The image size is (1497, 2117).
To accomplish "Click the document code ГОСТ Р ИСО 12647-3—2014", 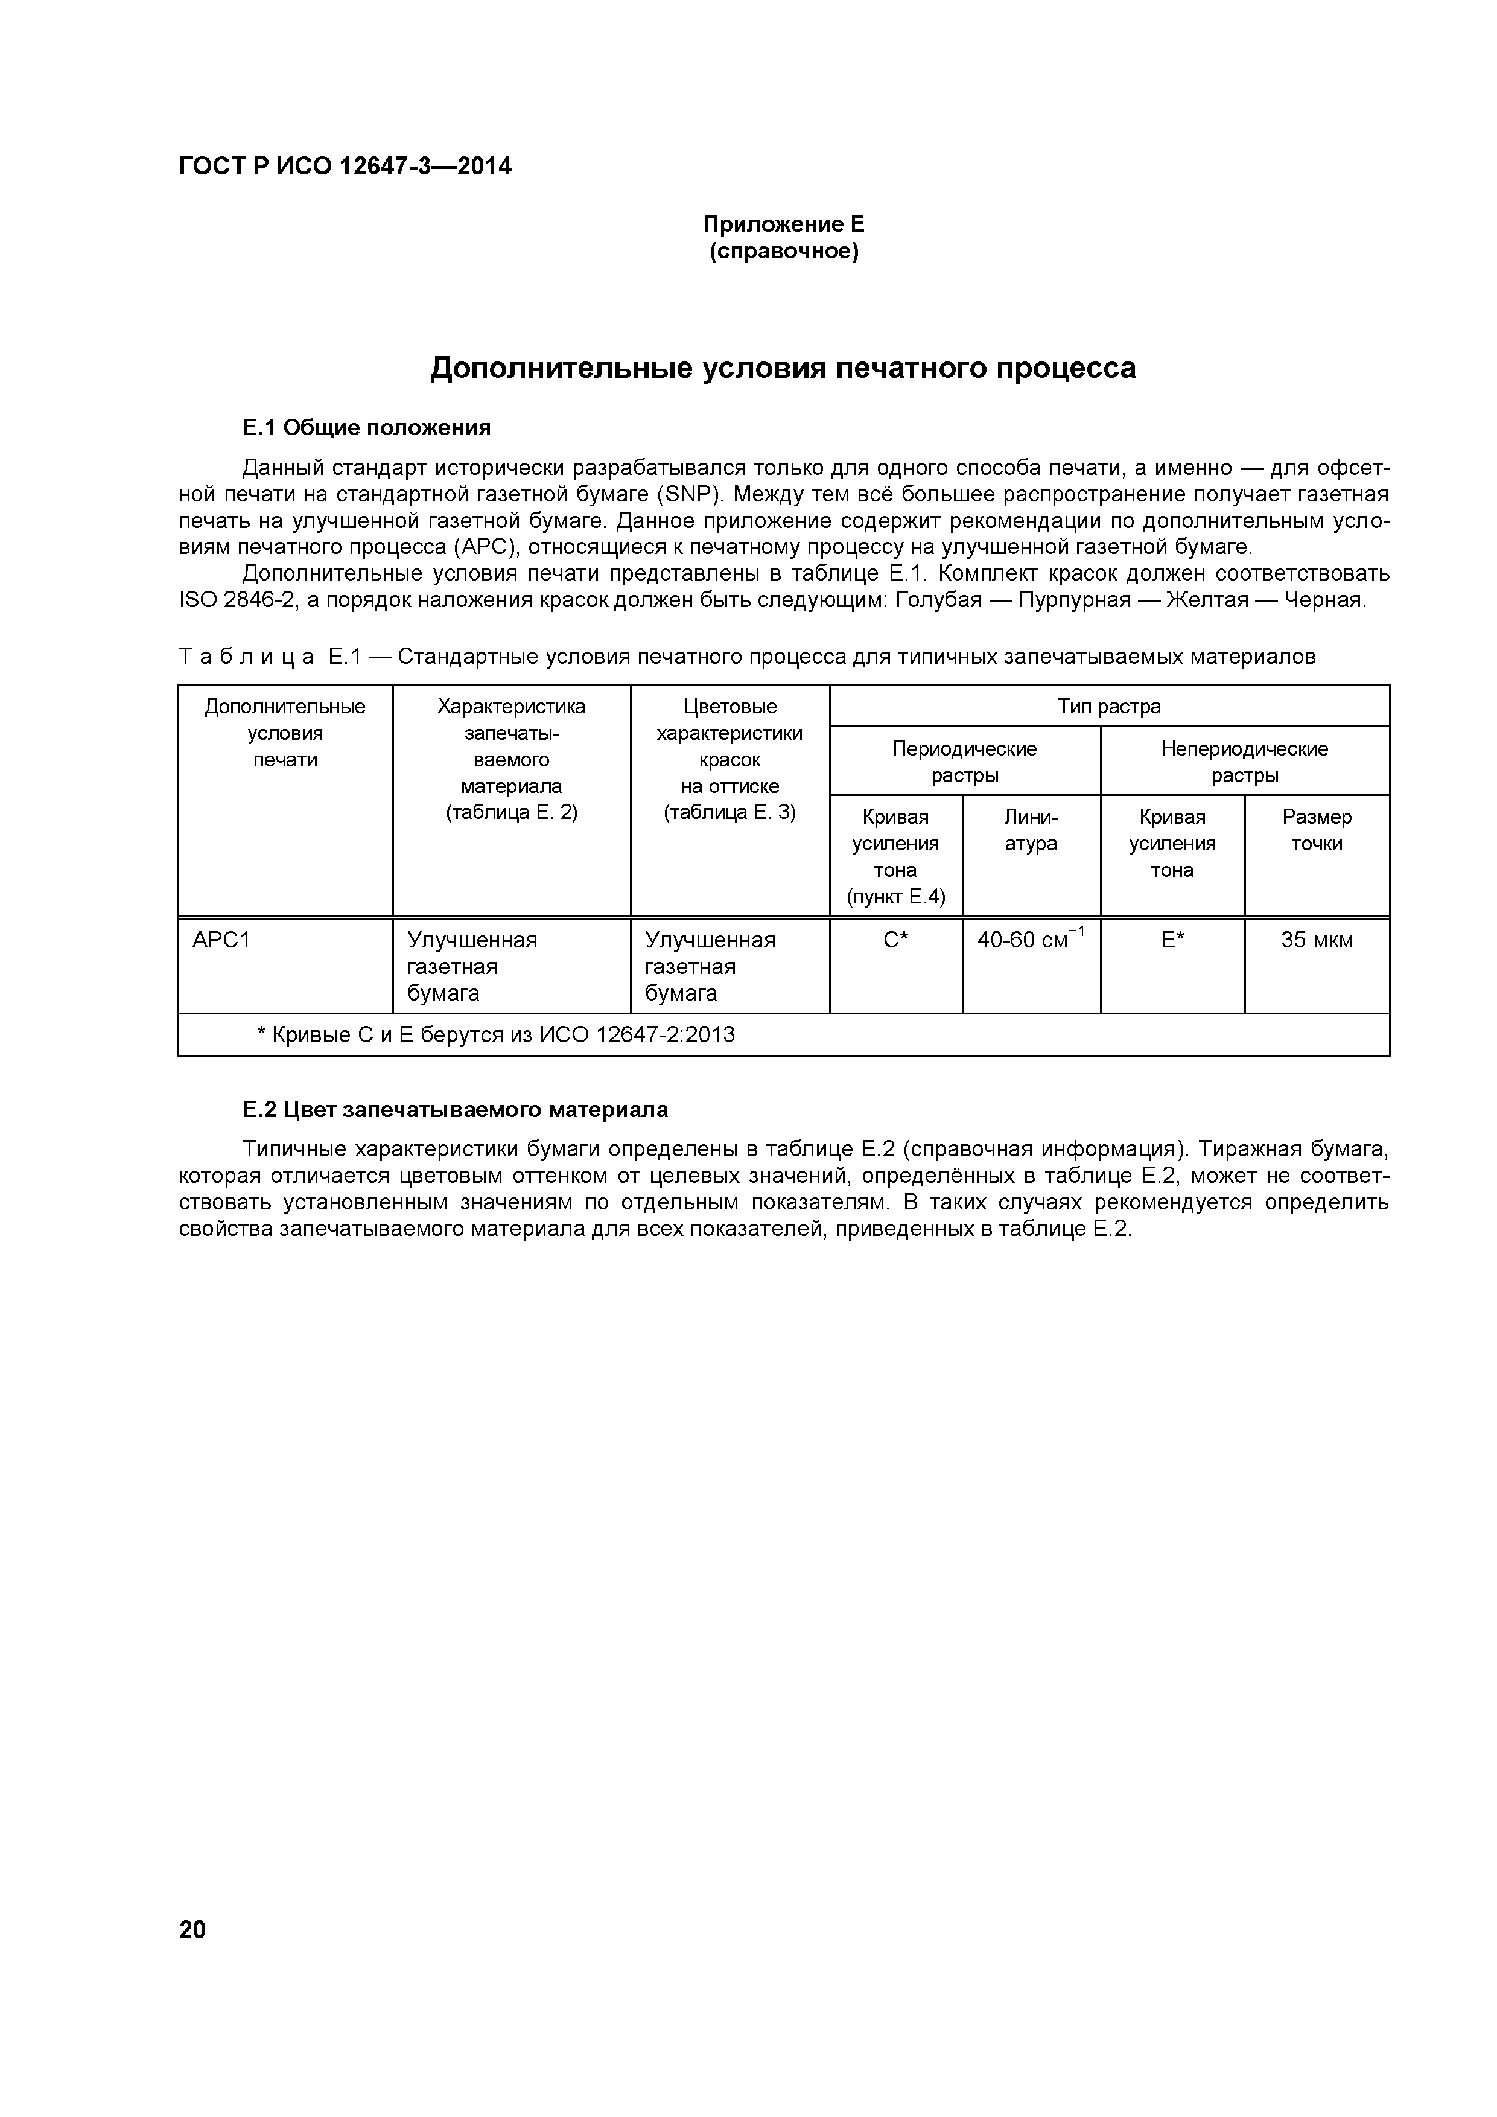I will tap(345, 167).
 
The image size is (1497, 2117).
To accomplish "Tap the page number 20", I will tap(192, 1930).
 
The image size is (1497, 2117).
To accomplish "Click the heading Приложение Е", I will tap(784, 224).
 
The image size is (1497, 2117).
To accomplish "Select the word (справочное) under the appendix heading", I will tap(784, 252).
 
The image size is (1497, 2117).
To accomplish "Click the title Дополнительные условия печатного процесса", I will tap(783, 368).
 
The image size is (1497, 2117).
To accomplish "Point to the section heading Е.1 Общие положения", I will tap(366, 428).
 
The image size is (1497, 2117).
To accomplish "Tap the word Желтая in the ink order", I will tap(1207, 600).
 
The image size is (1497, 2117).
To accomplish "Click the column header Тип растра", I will tap(1109, 706).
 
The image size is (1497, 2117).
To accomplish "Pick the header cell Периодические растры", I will tap(964, 762).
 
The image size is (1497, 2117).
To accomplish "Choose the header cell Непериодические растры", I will tap(1244, 762).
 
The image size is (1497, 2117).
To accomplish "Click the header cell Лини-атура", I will tap(1031, 830).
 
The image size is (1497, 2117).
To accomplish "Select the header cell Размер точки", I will tap(1317, 830).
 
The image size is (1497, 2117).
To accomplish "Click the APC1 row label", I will tap(221, 940).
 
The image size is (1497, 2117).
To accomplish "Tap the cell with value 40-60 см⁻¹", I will tap(1031, 940).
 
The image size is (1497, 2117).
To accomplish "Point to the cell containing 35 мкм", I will tap(1317, 940).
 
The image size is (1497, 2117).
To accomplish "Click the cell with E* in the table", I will tap(1172, 940).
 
